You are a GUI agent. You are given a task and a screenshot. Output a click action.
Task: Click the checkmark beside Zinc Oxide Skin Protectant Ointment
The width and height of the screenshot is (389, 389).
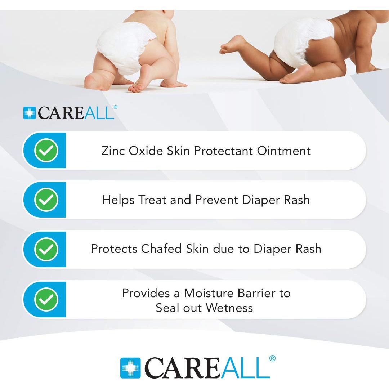point(46,150)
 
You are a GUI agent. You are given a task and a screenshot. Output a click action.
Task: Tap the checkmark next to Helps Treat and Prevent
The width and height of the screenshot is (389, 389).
point(46,200)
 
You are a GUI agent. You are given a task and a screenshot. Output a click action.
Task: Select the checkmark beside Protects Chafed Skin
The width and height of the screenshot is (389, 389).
point(46,249)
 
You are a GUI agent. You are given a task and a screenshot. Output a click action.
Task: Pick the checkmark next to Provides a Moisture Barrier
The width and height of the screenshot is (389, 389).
point(46,299)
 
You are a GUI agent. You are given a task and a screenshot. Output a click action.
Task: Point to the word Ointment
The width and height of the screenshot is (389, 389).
point(284,151)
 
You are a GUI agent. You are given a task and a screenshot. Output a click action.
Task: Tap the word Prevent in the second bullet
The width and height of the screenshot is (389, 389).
point(216,200)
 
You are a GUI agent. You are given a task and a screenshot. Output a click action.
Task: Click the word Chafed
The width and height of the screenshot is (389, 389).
point(161,249)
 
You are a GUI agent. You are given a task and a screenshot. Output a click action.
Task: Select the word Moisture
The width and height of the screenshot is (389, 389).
point(208,293)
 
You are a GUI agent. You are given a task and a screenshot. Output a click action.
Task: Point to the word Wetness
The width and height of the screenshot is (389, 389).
point(229,308)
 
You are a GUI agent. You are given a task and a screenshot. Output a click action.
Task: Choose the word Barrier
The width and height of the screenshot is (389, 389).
point(256,293)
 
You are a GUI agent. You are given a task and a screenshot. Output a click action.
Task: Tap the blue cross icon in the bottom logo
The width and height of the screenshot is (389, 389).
point(130,368)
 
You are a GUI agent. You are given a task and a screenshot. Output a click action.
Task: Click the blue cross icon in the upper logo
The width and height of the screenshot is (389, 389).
point(29,113)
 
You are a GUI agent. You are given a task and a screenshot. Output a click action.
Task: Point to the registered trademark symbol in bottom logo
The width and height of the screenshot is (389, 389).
point(272,358)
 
